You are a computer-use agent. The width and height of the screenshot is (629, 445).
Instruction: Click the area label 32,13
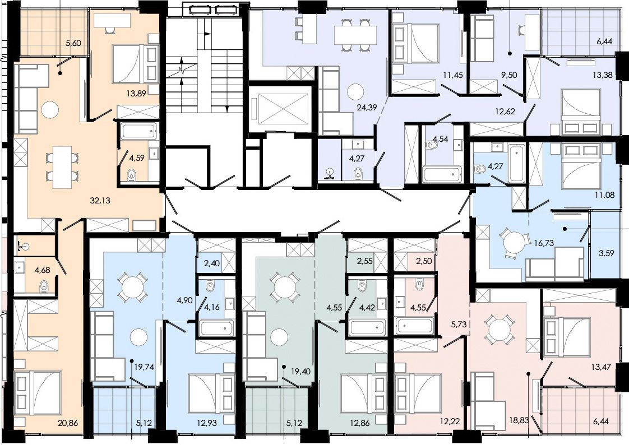coord(100,201)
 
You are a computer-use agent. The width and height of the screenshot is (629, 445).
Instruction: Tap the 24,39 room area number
coord(367,107)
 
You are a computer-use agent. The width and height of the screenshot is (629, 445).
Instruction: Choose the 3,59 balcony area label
coord(605,253)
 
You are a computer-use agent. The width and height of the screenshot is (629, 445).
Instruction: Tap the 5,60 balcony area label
coord(73,43)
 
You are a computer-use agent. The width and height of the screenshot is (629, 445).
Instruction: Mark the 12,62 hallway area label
coord(505,112)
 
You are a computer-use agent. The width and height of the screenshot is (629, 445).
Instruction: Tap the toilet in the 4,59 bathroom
coord(132,174)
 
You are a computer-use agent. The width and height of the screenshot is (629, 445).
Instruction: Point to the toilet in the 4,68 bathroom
coord(44,286)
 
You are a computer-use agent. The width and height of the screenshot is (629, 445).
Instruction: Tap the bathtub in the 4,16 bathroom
coord(216,327)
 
